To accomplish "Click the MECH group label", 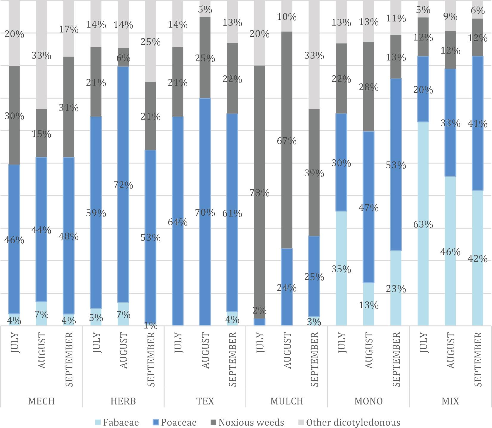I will coord(41,401).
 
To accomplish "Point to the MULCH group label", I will coord(287,401).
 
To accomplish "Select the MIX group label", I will coord(450,401).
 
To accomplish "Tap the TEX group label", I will coord(205,401).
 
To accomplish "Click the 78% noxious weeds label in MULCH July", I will coord(260,193).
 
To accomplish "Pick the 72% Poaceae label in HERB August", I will coord(123,185).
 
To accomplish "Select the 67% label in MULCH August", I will coord(287,141).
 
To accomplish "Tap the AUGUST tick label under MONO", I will coord(369,351).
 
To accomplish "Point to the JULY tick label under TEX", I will coord(178,343).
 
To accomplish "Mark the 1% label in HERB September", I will coord(151,326).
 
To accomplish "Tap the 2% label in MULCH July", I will coord(260,311).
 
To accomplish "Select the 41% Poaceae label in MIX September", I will coord(478,123).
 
